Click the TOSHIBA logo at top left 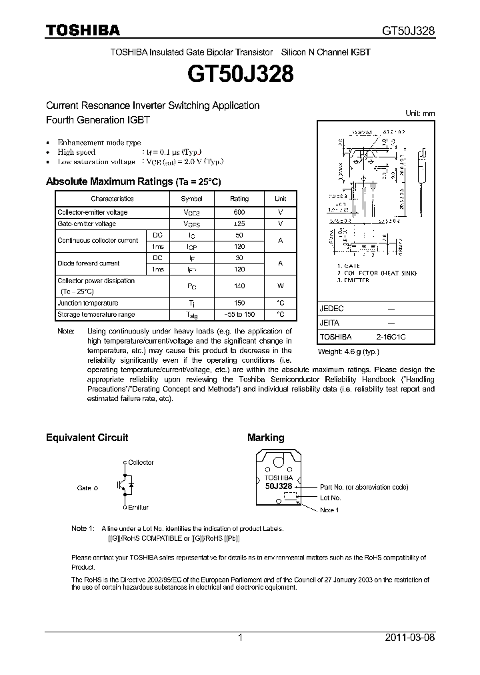tap(82, 31)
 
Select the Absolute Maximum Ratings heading tap(133, 181)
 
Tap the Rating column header tap(239, 199)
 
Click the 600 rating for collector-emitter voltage tap(239, 212)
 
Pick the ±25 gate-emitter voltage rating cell tap(239, 223)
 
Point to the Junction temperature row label tap(87, 303)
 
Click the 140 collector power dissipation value tap(239, 285)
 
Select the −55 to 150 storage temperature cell tap(239, 313)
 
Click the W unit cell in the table tap(280, 285)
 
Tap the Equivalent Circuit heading tap(87, 438)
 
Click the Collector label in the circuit tap(141, 462)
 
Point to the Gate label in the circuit tap(84, 488)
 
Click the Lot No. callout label tap(330, 498)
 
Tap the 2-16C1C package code tap(391, 337)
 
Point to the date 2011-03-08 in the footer tap(410, 638)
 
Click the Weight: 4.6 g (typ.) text tap(348, 350)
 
